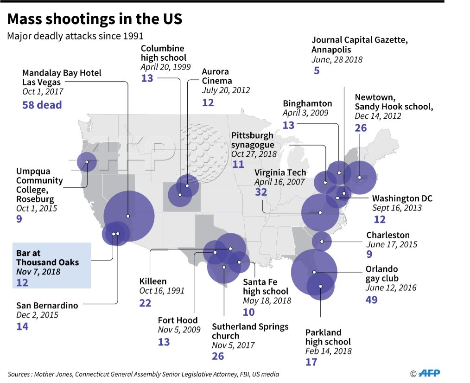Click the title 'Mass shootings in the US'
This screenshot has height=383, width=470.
tap(95, 19)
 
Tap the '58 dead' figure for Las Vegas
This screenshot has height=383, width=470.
tap(42, 105)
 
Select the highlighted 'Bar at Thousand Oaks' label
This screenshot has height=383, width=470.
tap(47, 258)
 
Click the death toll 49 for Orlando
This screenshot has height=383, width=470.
tap(371, 300)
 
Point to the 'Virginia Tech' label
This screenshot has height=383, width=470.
tap(280, 172)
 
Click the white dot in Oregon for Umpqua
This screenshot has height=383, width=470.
tap(87, 162)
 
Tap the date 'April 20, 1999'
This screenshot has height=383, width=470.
tap(165, 67)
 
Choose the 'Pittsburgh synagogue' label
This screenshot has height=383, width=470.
tap(253, 140)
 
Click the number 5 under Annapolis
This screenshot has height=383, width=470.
tap(317, 70)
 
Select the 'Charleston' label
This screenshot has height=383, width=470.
tap(388, 235)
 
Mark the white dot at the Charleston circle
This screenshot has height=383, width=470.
tap(322, 242)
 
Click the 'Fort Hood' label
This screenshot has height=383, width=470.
tap(178, 320)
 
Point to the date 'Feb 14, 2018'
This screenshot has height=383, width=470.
tap(328, 351)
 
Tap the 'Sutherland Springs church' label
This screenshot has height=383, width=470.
tap(250, 331)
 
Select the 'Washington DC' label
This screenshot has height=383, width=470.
tap(402, 198)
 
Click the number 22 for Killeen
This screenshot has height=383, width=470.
tap(145, 303)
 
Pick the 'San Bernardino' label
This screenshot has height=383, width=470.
tap(47, 305)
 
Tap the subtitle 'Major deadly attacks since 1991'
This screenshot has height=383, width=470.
tap(75, 36)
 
